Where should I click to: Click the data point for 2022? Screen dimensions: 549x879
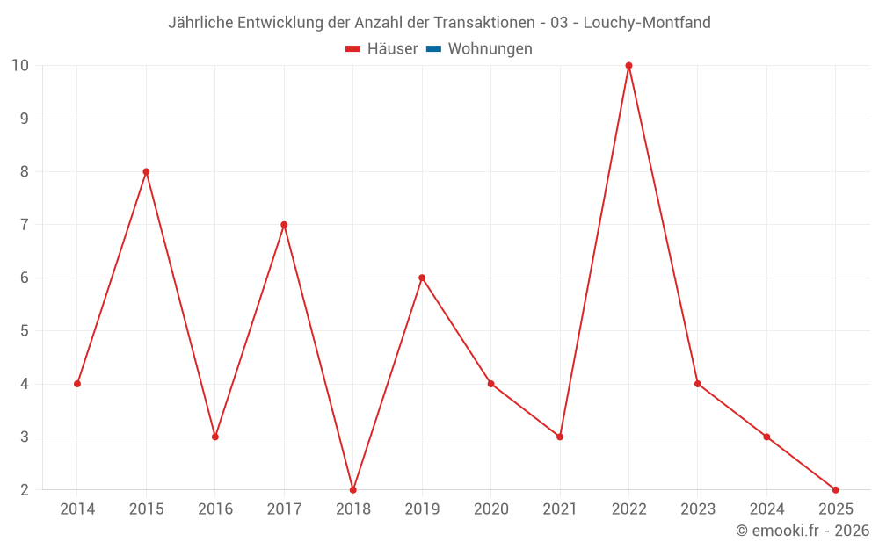point(628,66)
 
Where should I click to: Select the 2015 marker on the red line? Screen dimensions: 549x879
point(146,171)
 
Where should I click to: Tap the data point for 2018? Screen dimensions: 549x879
point(353,489)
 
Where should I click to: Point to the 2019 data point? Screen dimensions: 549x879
point(422,278)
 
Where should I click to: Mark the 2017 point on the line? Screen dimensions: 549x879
point(284,225)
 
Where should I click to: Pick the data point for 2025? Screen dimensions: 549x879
point(835,489)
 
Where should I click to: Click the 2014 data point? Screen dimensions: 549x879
point(77,384)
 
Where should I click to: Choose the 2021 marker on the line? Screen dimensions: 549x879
point(560,437)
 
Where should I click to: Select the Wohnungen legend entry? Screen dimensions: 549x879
point(490,49)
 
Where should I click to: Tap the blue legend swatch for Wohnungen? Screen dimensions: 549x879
point(433,49)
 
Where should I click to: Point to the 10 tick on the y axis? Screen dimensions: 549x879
point(20,66)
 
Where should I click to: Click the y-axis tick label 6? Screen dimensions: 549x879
point(25,278)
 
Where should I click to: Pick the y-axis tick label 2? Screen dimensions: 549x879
point(25,489)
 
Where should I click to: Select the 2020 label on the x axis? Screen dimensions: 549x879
point(490,509)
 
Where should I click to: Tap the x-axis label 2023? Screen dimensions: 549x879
point(698,509)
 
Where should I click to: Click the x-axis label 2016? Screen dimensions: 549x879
point(215,509)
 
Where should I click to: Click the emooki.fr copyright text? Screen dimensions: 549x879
point(803,531)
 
